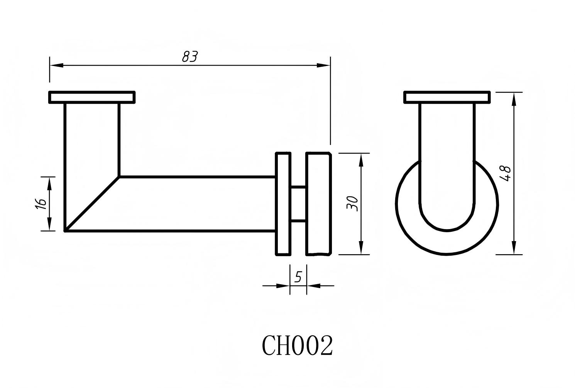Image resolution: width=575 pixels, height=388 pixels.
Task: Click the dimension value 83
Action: (x=189, y=57)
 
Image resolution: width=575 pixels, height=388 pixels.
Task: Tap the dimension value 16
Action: (x=41, y=203)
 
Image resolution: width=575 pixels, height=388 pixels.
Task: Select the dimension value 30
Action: (x=352, y=203)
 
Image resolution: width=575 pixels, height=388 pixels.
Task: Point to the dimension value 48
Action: (x=505, y=173)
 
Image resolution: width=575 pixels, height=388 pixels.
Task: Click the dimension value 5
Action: (x=298, y=277)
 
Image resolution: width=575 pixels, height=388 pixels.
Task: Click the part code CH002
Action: (x=297, y=345)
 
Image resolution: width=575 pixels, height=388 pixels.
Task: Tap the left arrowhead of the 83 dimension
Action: (x=56, y=65)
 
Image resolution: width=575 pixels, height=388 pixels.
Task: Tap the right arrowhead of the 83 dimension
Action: (x=324, y=65)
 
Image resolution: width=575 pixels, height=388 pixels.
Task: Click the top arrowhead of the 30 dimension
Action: (x=361, y=160)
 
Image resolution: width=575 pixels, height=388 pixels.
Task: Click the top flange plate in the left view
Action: (x=92, y=97)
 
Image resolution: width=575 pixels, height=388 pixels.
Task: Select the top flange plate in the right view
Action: (x=447, y=97)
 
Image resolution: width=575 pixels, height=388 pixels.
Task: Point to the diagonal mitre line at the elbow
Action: (x=92, y=204)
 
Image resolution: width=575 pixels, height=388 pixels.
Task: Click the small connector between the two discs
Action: (x=298, y=204)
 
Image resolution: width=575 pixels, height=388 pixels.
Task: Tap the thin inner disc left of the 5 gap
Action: (x=283, y=204)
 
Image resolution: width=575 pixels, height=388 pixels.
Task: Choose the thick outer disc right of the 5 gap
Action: (x=319, y=204)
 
